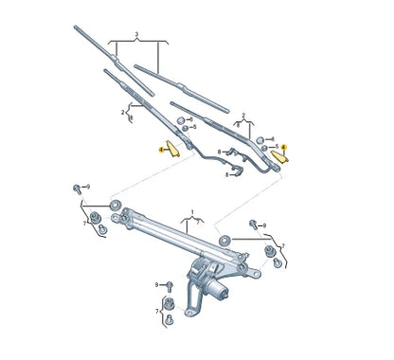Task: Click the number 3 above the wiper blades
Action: click(x=137, y=34)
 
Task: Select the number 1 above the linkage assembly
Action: click(x=191, y=212)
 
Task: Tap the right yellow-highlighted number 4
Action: click(x=284, y=148)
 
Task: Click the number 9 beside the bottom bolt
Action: click(x=157, y=284)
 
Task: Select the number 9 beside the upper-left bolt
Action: click(x=87, y=187)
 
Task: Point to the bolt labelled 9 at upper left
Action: click(x=75, y=189)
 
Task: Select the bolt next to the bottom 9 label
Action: click(x=169, y=285)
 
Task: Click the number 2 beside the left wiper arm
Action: click(x=122, y=112)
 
